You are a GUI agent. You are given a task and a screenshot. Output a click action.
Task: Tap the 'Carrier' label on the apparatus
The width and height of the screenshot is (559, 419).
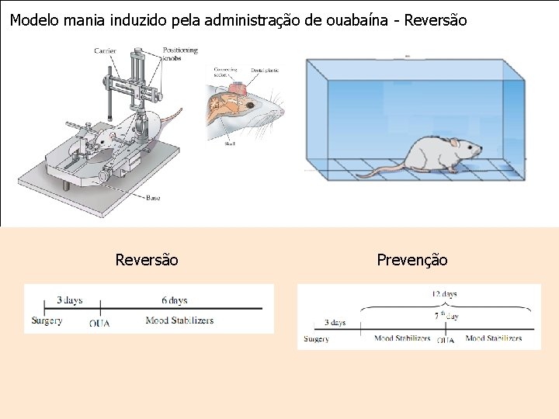click(x=105, y=51)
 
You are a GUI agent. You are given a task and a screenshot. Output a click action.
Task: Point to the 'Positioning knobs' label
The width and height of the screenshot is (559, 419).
click(x=180, y=54)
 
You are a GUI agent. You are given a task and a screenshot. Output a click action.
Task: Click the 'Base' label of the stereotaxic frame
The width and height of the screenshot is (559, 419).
click(x=153, y=199)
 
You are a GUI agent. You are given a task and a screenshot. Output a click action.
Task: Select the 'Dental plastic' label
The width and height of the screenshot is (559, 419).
click(x=265, y=71)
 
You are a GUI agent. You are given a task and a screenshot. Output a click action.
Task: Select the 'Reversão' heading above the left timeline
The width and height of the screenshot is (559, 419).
click(x=147, y=260)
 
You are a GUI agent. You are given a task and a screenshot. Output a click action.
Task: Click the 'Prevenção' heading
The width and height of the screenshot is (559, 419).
click(x=412, y=260)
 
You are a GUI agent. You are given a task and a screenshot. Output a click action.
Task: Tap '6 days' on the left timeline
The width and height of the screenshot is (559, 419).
click(x=174, y=300)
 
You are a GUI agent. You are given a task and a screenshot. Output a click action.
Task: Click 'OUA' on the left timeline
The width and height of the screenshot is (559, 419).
click(x=99, y=323)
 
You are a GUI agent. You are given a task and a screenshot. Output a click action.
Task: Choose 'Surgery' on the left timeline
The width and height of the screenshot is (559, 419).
click(x=47, y=320)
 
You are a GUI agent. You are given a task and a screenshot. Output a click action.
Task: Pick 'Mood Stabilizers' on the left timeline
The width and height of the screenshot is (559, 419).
click(x=179, y=320)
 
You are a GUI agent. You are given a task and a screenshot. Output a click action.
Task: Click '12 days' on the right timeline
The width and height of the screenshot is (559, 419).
click(x=443, y=294)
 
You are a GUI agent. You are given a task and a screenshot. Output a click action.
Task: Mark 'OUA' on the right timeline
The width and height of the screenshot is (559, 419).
click(x=446, y=340)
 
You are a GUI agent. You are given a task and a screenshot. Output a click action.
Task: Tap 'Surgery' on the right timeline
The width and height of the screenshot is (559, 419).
click(x=317, y=338)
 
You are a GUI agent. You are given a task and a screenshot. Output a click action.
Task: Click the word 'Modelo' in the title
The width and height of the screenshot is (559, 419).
click(x=34, y=20)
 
